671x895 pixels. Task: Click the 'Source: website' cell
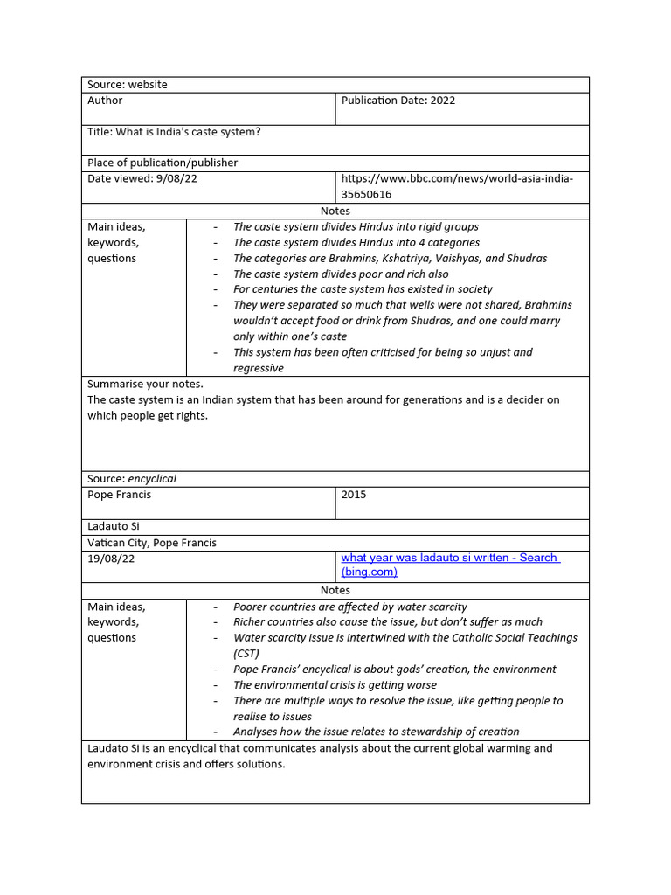tap(128, 85)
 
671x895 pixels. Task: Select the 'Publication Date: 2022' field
tap(398, 101)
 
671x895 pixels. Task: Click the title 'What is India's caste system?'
tap(174, 132)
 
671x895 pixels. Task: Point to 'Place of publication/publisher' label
tap(163, 163)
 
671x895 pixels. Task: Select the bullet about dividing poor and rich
tap(340, 274)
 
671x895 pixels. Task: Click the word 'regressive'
tap(259, 368)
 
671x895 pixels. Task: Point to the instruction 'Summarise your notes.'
tap(145, 384)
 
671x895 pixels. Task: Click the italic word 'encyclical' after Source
tap(152, 479)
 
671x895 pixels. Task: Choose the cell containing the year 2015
tap(354, 495)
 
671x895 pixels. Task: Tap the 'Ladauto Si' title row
tap(114, 526)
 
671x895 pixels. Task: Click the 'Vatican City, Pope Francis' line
tap(152, 543)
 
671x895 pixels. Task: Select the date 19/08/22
tap(111, 559)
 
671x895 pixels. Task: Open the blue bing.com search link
tap(450, 565)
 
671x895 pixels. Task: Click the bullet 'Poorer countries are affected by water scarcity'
tap(349, 607)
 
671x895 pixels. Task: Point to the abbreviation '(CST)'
tap(248, 654)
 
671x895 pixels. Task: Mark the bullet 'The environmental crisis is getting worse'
tap(335, 685)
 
